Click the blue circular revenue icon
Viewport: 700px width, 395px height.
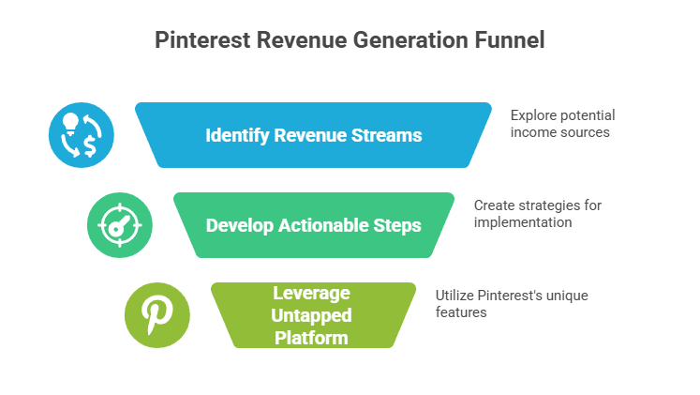click(x=82, y=135)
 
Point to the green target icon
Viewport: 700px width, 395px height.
click(x=119, y=225)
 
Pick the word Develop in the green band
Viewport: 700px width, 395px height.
click(x=239, y=225)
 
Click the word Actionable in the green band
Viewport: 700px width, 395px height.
click(x=325, y=225)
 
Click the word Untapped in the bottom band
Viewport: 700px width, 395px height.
click(x=313, y=316)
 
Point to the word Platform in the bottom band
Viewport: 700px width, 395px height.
click(x=313, y=337)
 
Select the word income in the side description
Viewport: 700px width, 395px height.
click(x=532, y=132)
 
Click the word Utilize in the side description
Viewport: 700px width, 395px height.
click(x=454, y=295)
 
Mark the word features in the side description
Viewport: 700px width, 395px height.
click(x=461, y=311)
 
